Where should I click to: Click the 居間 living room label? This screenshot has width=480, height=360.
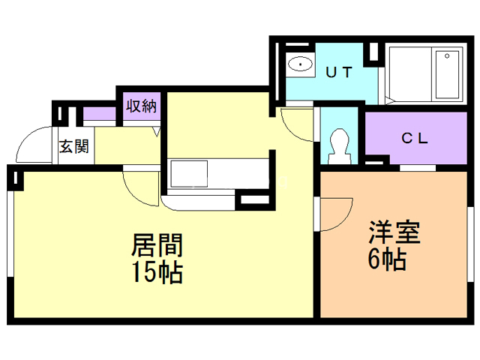coord(158,245)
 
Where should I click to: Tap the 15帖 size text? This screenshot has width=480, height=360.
coord(158,271)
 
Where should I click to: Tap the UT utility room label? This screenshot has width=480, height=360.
coord(340,72)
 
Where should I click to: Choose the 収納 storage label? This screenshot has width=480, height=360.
coord(141,106)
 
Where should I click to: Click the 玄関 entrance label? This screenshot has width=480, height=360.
coord(73,145)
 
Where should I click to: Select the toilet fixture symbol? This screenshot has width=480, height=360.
coord(339,145)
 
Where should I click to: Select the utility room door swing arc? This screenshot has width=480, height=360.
coord(294,124)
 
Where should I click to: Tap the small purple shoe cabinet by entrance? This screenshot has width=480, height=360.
coord(97,115)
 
